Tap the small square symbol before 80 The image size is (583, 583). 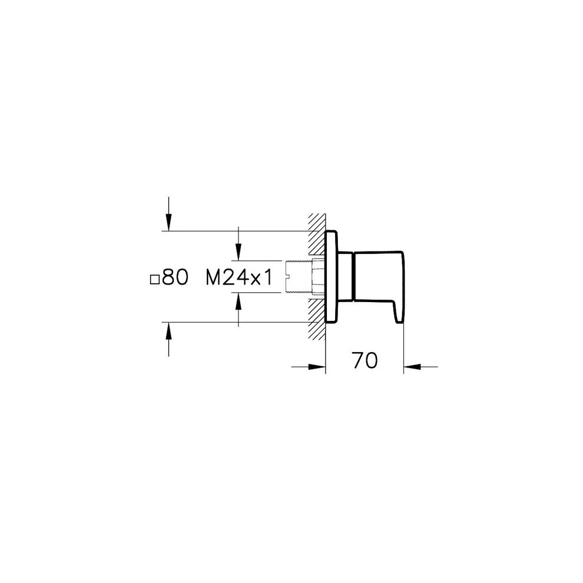[155, 280]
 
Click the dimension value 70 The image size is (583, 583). [365, 360]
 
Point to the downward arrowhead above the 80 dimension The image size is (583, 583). [168, 223]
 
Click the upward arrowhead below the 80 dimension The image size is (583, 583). [168, 330]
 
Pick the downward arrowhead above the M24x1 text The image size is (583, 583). [238, 252]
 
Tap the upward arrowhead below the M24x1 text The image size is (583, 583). [238, 301]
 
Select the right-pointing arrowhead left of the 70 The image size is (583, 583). [317, 367]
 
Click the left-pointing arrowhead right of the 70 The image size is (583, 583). [412, 367]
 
